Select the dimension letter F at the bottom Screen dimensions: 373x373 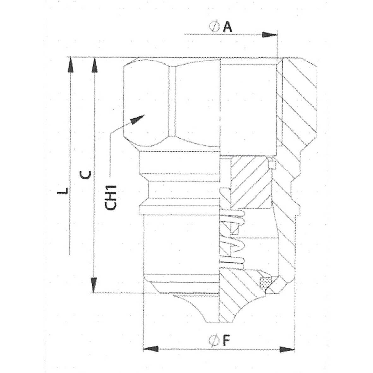pyautogui.click(x=226, y=341)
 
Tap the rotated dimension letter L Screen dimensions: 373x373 pyautogui.click(x=63, y=190)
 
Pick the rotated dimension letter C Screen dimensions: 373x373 pyautogui.click(x=85, y=175)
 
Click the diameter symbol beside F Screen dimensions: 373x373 pyautogui.click(x=214, y=341)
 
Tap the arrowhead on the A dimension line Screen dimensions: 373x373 pyautogui.click(x=270, y=35)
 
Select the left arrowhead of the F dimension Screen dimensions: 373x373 pyautogui.click(x=151, y=349)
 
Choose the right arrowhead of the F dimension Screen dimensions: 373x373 pyautogui.click(x=287, y=349)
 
